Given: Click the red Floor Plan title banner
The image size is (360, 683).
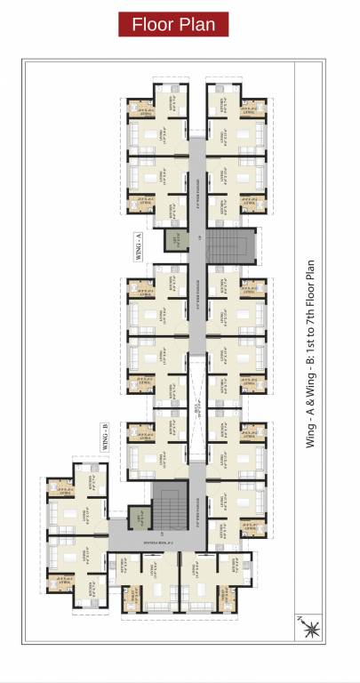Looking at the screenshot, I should click(174, 25).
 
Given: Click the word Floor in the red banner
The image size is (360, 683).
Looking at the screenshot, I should click(153, 25).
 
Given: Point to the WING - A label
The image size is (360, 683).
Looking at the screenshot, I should click(140, 241).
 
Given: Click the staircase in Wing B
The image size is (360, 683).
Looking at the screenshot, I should click(171, 504).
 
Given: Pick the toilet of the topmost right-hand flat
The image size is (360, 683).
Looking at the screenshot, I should click(252, 109).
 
